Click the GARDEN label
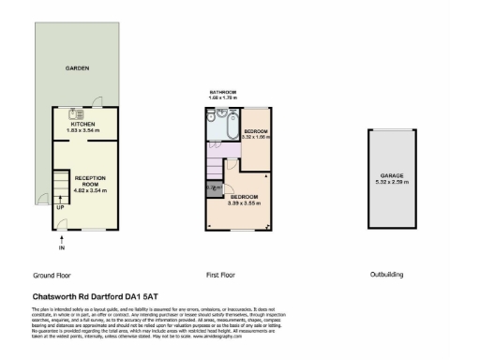[77, 69]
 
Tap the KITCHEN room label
[83, 123]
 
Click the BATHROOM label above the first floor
[224, 92]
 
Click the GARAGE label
[392, 174]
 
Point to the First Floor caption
[221, 275]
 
